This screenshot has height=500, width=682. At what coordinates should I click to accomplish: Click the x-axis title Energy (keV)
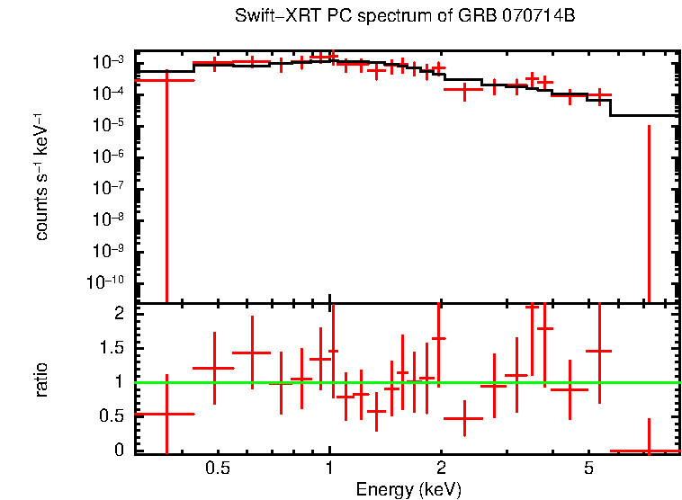(408, 489)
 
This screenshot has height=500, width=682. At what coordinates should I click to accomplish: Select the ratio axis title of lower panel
(41, 379)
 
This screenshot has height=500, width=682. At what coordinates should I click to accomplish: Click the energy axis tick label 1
(330, 469)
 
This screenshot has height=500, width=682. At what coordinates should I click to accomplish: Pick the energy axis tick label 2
(441, 469)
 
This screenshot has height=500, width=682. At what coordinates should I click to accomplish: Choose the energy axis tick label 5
(588, 469)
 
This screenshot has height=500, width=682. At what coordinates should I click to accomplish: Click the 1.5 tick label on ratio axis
(113, 348)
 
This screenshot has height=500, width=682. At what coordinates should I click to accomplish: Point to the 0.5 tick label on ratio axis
(113, 416)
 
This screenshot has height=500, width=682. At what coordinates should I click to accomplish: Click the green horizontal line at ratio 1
(504, 382)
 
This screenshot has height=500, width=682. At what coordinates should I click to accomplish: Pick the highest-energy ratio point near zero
(648, 451)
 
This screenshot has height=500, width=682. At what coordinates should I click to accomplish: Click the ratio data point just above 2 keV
(464, 418)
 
